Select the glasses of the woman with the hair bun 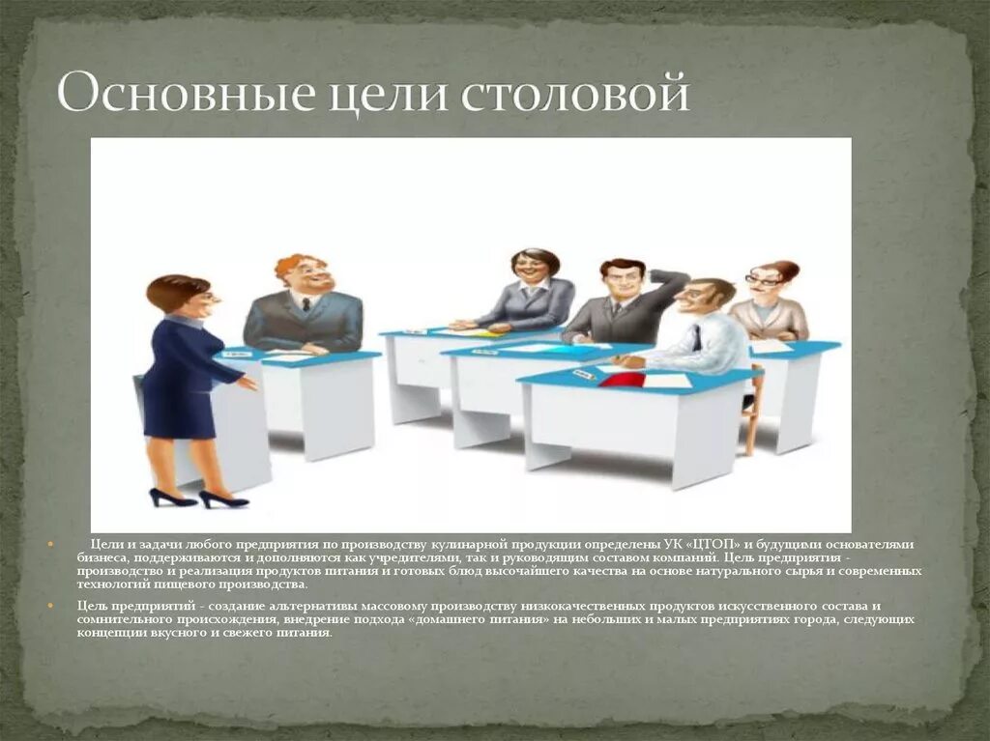762,281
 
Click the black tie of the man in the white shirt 696,337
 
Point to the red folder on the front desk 623,379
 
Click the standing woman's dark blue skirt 179,413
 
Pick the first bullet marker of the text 50,545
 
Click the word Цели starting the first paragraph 107,545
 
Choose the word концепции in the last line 107,633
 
